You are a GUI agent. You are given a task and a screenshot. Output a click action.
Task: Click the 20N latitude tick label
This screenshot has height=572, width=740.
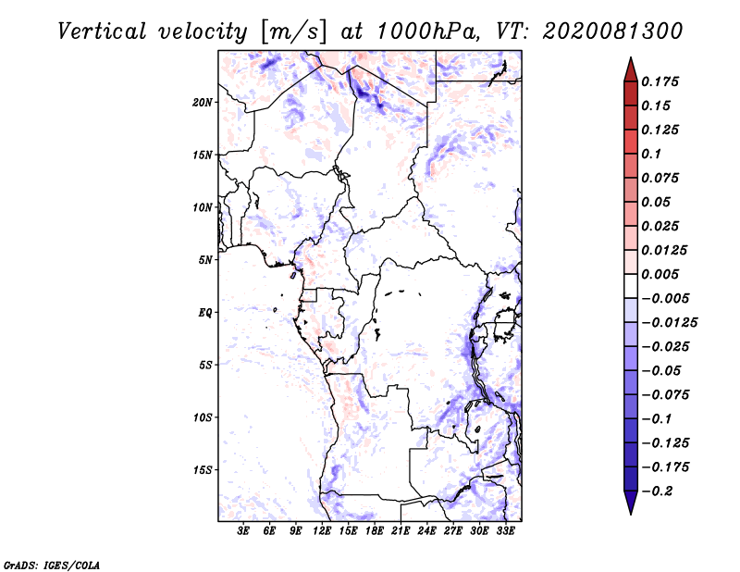coord(203,102)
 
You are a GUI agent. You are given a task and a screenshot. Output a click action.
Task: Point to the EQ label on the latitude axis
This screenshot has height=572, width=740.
coord(205,313)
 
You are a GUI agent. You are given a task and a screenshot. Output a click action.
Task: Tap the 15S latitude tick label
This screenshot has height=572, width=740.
coord(203,470)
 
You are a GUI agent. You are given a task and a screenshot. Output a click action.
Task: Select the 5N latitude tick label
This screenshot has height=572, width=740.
coord(205,260)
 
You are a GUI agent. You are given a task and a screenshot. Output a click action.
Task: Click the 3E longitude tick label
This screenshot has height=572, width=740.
coord(244,531)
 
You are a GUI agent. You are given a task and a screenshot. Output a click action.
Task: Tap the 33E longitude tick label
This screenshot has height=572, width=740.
coord(506,531)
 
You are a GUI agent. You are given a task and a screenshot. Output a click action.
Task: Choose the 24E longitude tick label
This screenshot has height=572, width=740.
coord(427,531)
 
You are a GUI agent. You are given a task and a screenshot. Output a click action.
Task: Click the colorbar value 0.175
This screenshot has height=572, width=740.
coord(662,81)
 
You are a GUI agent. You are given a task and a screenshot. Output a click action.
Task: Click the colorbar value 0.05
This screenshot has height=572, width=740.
coord(658,202)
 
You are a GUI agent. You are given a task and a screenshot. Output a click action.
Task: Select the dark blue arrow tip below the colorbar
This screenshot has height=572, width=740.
coord(630,506)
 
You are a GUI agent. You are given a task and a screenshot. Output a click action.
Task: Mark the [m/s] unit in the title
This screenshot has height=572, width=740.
coord(294,31)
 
